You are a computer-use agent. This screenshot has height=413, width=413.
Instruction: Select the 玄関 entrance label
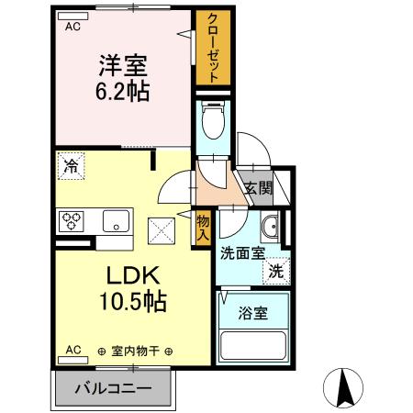point(258,189)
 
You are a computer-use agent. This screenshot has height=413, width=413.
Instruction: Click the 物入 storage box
point(204,227)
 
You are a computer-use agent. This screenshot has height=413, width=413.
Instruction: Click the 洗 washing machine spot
point(275,271)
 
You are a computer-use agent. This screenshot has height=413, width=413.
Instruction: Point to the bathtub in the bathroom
point(254,348)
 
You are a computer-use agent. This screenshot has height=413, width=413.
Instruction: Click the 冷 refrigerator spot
point(71,166)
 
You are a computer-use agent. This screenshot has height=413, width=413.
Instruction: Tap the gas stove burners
point(73,221)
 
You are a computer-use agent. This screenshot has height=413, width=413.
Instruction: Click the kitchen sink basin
point(117,221)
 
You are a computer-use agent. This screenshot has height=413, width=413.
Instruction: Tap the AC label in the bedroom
point(72,26)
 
